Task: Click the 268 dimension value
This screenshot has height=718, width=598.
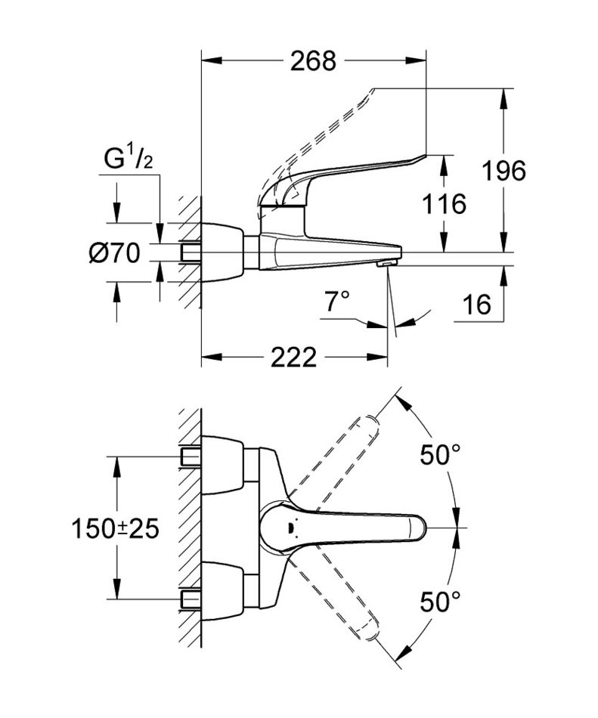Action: [x=313, y=61]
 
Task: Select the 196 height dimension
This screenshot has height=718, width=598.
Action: [x=504, y=172]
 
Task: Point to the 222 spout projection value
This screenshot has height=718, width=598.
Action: [x=293, y=357]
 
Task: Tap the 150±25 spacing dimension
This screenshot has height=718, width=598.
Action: [x=116, y=528]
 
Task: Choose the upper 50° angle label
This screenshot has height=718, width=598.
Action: [x=440, y=455]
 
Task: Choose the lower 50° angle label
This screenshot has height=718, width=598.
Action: [x=440, y=602]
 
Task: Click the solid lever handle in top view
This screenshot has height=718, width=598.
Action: [x=355, y=527]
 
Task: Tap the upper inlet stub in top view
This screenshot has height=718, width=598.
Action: [x=190, y=456]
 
